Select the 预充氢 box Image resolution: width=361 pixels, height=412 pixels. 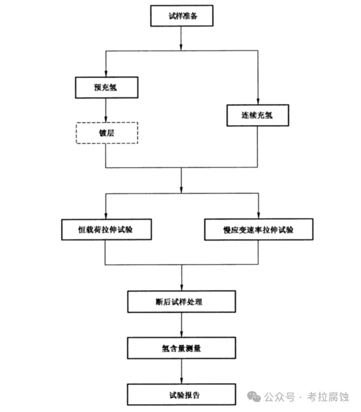pyautogui.click(x=106, y=87)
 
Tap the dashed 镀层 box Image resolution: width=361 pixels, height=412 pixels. pyautogui.click(x=106, y=132)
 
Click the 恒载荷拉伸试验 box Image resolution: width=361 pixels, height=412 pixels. pyautogui.click(x=106, y=230)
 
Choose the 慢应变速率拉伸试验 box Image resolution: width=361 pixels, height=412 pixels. pyautogui.click(x=258, y=230)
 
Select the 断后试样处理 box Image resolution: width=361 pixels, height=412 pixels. pyautogui.click(x=181, y=302)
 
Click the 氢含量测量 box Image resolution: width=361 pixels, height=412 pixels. pyautogui.click(x=181, y=348)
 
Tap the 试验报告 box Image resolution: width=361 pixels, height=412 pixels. pyautogui.click(x=181, y=395)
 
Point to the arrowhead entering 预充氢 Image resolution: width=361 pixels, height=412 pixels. pyautogui.click(x=106, y=73)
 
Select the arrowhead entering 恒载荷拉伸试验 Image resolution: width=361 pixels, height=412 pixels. pyautogui.click(x=106, y=216)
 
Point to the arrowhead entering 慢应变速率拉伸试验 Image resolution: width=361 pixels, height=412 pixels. pyautogui.click(x=258, y=216)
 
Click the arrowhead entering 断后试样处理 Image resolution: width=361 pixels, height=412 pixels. pyautogui.click(x=181, y=287)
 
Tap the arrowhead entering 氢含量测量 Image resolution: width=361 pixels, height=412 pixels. pyautogui.click(x=181, y=334)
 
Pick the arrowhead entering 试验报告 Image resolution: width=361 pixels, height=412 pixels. pyautogui.click(x=181, y=381)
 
